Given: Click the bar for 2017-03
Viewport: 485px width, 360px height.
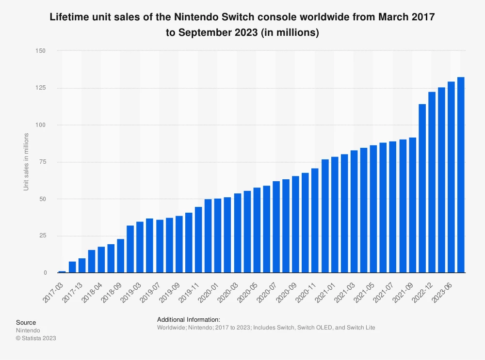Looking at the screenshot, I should [x=62, y=272].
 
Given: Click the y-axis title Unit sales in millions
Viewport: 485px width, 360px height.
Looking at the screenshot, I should [x=26, y=161].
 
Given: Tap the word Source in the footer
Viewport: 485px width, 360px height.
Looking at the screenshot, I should [x=26, y=322].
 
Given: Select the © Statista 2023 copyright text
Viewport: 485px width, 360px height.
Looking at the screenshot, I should [x=36, y=338].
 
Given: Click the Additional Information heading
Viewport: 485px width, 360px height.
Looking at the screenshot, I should [x=189, y=320].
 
